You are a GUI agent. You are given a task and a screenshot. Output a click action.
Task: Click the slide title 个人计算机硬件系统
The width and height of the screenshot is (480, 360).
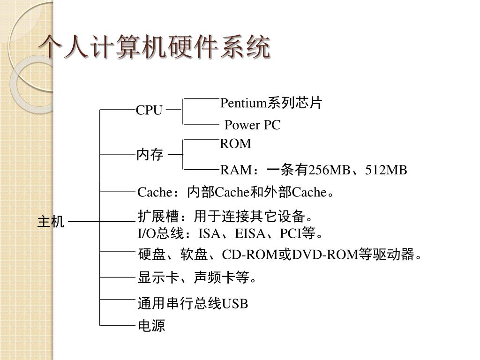coord(155,48)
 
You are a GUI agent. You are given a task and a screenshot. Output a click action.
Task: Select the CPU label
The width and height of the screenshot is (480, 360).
coord(149,111)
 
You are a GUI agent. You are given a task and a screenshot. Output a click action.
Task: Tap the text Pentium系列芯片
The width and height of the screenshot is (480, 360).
coord(271,103)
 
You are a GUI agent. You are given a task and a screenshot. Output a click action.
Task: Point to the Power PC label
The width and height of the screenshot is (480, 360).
coord(252,125)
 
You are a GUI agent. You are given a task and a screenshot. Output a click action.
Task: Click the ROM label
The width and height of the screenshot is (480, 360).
coord(236,144)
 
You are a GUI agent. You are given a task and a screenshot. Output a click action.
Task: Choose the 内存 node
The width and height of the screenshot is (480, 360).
coord(150,154)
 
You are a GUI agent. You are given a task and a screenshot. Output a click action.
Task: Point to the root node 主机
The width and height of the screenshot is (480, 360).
coord(51,221)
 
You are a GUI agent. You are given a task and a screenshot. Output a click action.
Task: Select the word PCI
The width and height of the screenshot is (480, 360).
coord(291,233)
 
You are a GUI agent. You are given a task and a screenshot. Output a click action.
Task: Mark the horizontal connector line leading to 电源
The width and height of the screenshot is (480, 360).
coord(117,324)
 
